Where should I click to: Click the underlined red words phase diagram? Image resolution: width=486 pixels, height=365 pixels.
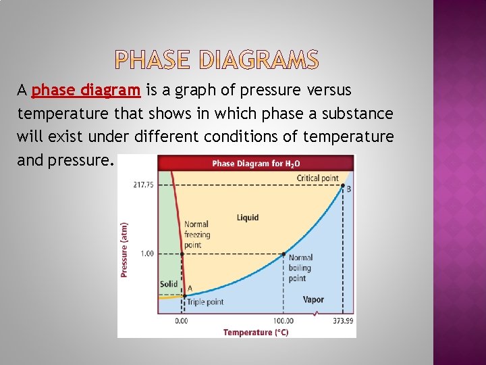[86, 90]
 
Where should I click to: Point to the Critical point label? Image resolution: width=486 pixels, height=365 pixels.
[317, 178]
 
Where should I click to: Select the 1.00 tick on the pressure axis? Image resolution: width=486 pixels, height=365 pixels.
[146, 253]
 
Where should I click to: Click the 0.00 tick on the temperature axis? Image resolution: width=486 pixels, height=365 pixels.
[182, 320]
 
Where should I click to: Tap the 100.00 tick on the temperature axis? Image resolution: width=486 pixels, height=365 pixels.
[282, 320]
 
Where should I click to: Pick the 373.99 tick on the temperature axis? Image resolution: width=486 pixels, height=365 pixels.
[343, 320]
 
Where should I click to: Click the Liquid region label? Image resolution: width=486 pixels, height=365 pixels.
[248, 218]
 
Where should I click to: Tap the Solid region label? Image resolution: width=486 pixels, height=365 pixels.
[169, 284]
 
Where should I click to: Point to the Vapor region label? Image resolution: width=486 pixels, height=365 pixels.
[313, 299]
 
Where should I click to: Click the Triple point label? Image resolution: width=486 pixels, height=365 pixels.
[205, 302]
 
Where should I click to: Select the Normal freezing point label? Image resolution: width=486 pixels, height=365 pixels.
[197, 234]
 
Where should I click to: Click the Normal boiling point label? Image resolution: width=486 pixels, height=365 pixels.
[300, 268]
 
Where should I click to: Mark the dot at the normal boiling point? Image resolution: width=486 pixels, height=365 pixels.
[283, 254]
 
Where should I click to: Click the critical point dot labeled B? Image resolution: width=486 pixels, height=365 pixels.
[343, 185]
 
